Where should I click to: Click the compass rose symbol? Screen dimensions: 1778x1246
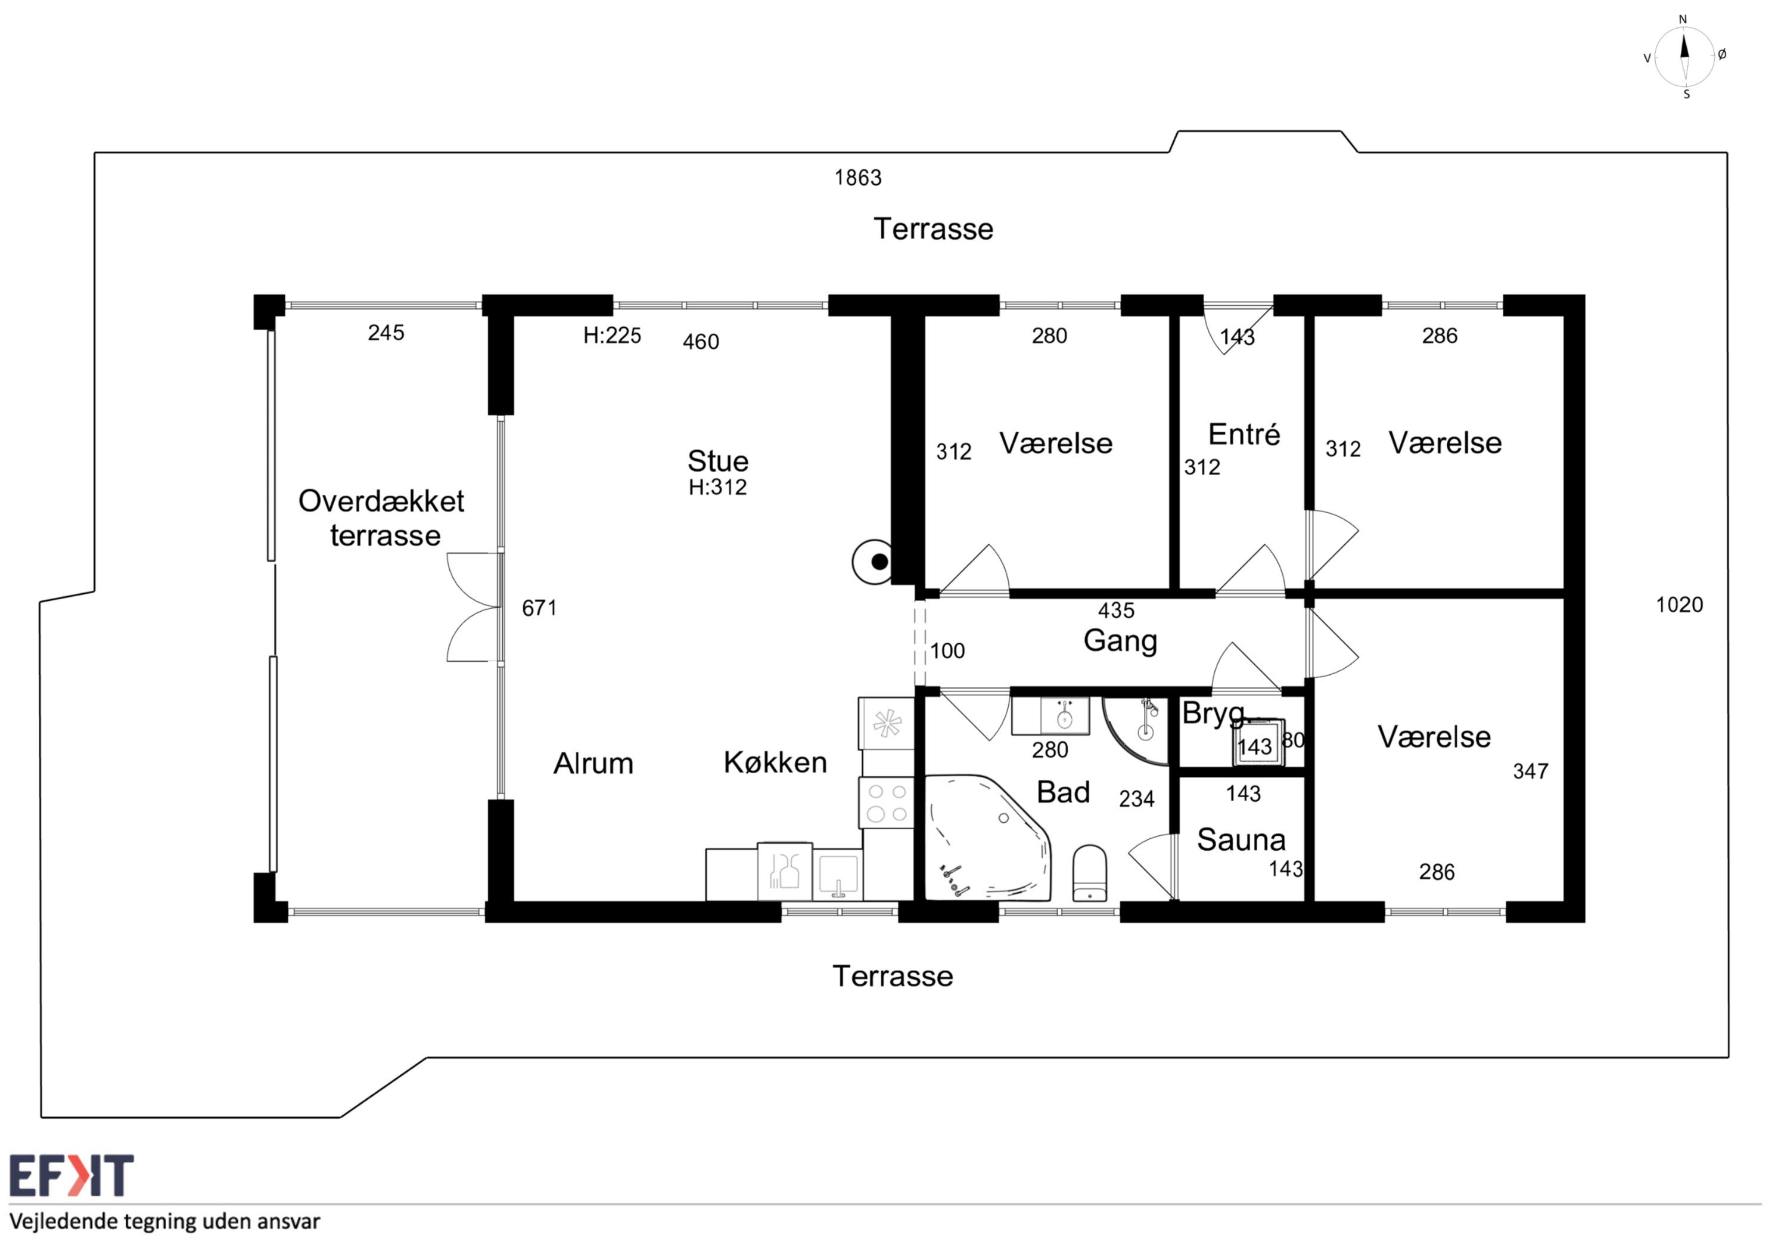[1684, 57]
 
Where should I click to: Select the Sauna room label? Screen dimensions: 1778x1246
[1241, 840]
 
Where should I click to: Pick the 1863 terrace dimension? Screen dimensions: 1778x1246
[858, 178]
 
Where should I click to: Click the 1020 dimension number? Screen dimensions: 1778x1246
[1679, 605]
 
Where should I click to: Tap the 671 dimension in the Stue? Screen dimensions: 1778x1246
[539, 608]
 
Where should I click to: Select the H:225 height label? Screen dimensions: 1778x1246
[612, 336]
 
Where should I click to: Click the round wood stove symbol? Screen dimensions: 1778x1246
[873, 562]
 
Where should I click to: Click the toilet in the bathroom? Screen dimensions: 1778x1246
[1090, 873]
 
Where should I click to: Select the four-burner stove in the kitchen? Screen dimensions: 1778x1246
[887, 803]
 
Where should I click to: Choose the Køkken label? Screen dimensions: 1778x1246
[775, 763]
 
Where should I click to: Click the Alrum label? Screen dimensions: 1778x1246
[593, 764]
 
